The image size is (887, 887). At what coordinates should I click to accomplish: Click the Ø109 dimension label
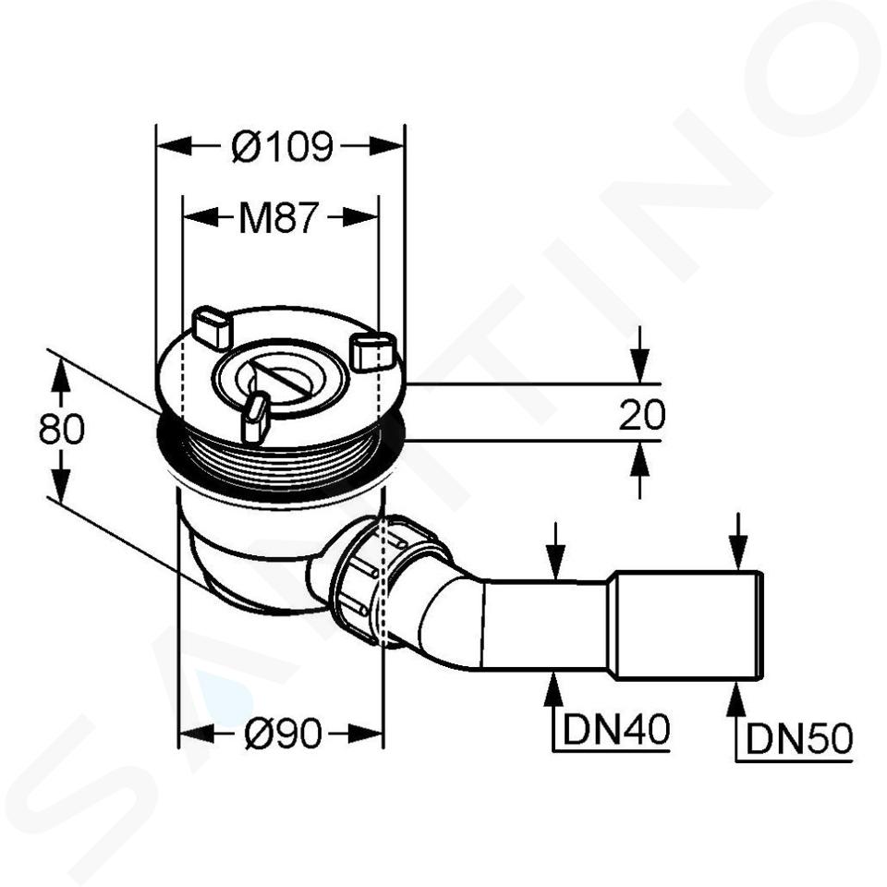click(283, 147)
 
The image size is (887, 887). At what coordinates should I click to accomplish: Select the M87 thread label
click(279, 217)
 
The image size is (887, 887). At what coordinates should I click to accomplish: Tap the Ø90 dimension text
click(283, 734)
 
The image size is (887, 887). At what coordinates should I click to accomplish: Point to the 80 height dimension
click(62, 428)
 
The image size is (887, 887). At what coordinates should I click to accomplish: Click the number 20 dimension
click(642, 414)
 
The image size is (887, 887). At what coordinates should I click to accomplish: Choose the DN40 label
click(616, 729)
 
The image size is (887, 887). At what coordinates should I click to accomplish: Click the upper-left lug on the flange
click(213, 327)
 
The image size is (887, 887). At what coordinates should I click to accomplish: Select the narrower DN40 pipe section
click(546, 626)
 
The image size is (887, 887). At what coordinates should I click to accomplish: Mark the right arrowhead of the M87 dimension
click(360, 217)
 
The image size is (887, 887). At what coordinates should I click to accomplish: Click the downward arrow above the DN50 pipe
click(737, 541)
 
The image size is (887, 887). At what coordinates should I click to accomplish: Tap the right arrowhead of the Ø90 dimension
click(366, 735)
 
